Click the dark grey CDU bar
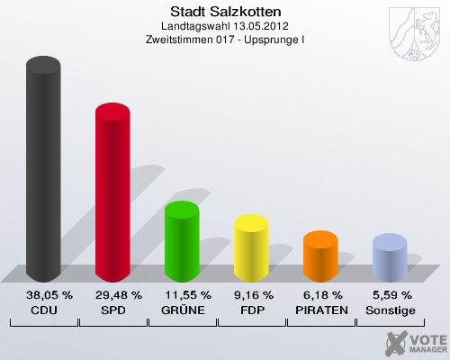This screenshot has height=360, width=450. [44, 171]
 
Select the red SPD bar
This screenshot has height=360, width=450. [112, 193]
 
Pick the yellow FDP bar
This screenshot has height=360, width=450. [251, 248]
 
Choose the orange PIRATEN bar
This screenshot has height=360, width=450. [320, 256]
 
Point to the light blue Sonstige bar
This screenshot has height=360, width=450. [390, 258]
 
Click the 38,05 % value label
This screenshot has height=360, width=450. [44, 295]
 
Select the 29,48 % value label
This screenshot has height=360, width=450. [112, 295]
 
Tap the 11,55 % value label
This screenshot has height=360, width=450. [182, 295]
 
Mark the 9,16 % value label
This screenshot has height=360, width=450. [251, 295]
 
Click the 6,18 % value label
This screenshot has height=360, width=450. [320, 295]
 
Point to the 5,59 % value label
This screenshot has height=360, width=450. [390, 295]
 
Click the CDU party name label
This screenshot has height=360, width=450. [44, 310]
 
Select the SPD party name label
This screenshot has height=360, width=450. [112, 310]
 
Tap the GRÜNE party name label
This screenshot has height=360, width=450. [182, 310]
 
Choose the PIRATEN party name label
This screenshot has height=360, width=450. [320, 310]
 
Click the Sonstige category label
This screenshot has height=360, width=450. [390, 310]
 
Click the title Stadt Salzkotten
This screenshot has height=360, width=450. [225, 12]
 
